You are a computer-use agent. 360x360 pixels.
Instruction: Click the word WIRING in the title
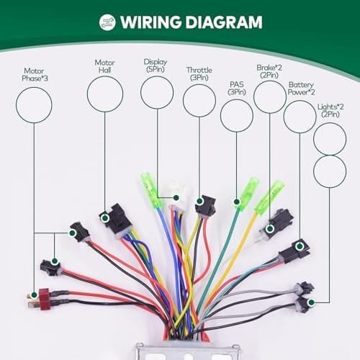click(x=151, y=22)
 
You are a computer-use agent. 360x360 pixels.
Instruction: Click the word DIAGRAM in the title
click(x=224, y=22)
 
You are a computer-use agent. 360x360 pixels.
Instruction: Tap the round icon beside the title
click(x=107, y=22)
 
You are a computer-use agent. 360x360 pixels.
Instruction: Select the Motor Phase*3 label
click(x=35, y=75)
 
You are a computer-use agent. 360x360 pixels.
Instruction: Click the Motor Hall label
click(x=104, y=66)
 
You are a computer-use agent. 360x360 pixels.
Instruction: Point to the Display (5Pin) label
click(x=156, y=66)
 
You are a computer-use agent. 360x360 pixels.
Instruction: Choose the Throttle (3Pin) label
click(x=199, y=73)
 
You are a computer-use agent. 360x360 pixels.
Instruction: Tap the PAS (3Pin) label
click(x=237, y=88)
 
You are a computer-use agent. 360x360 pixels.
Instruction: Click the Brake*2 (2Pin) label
click(x=269, y=71)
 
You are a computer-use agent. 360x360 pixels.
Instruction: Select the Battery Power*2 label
click(x=301, y=89)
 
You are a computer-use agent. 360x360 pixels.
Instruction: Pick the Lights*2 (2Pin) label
click(x=330, y=110)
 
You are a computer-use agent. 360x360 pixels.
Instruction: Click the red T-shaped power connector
click(x=41, y=299)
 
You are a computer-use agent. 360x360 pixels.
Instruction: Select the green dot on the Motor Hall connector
click(x=104, y=218)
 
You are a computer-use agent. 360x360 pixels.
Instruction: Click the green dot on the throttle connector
click(x=199, y=201)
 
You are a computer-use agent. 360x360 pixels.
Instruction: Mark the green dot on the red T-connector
click(x=34, y=294)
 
